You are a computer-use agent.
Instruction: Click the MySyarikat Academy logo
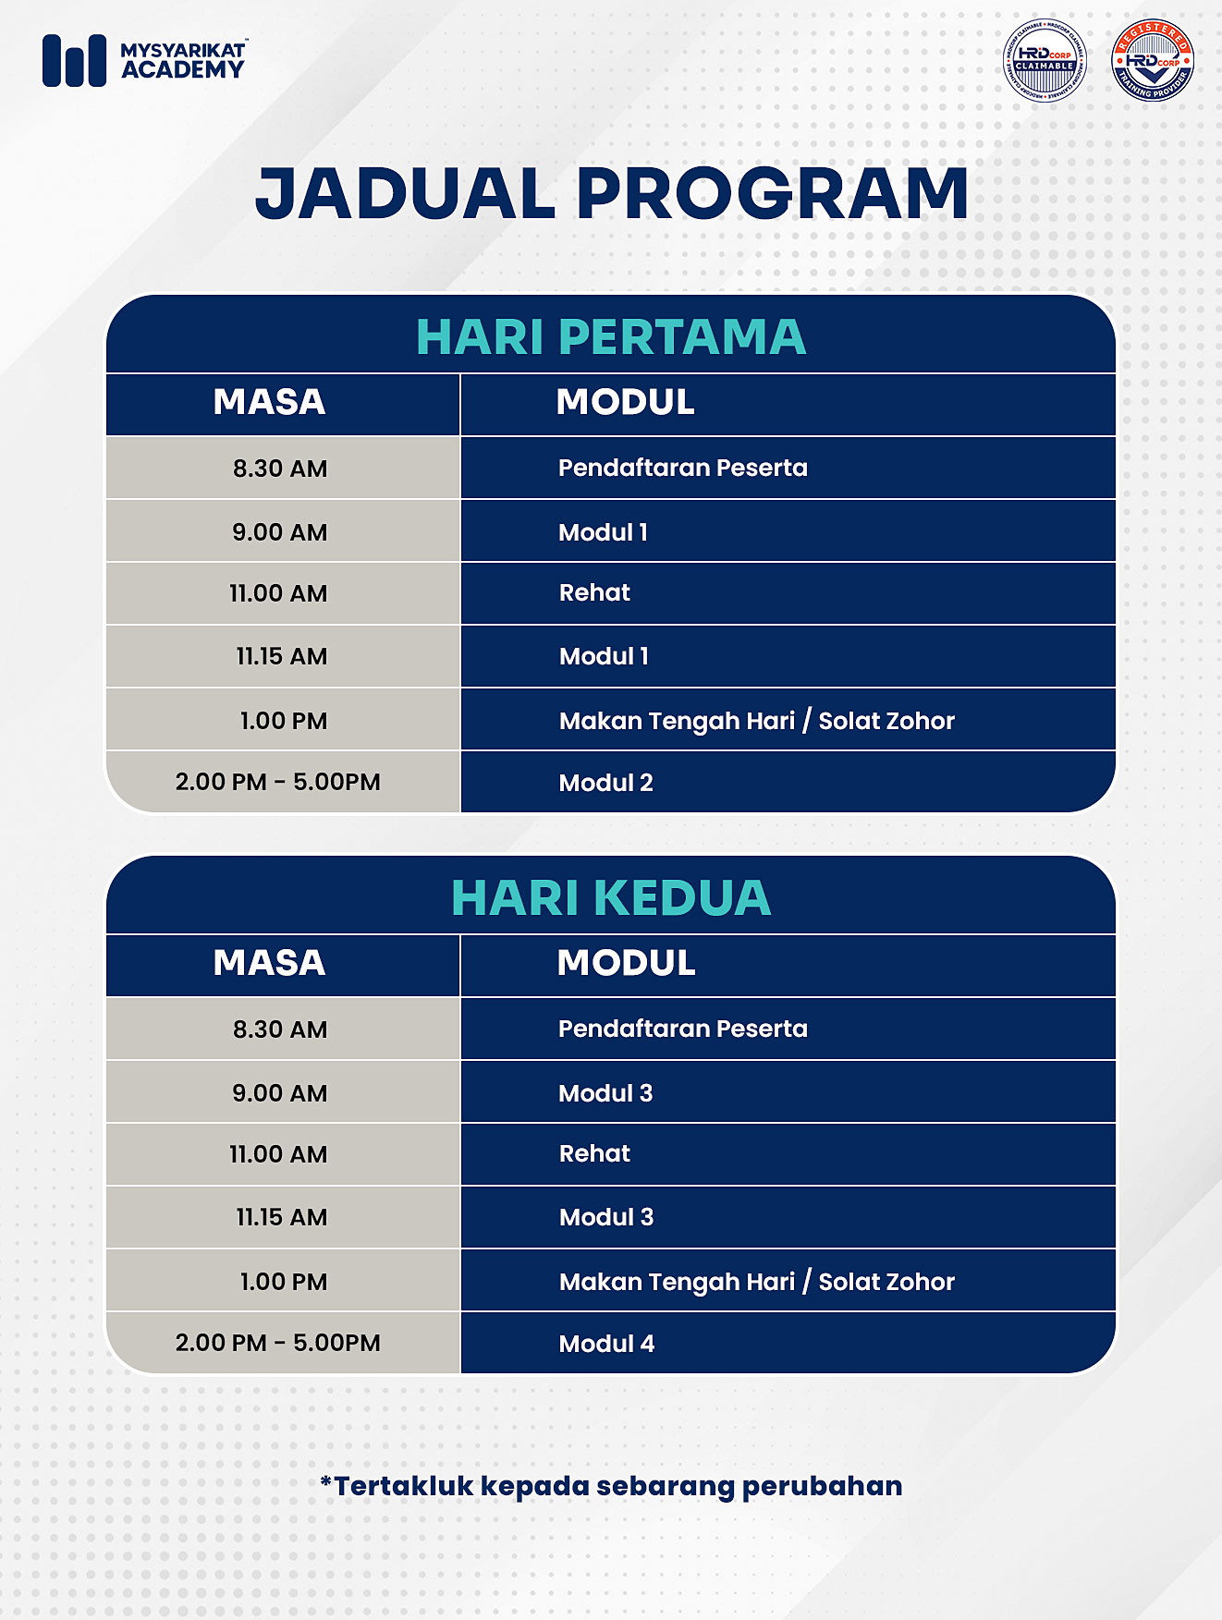144,60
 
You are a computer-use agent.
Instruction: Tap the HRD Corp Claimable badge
1045,61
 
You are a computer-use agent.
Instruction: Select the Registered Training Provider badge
1153,61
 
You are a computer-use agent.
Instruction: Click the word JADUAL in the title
405,194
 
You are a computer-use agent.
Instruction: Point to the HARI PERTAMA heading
610,336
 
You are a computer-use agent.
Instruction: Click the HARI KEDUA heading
610,897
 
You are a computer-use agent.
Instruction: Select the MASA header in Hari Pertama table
269,402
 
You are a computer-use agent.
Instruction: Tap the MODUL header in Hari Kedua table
626,963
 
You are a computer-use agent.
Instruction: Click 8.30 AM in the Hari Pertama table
280,469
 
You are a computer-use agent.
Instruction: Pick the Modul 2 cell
605,783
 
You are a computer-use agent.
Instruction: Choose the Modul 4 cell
606,1344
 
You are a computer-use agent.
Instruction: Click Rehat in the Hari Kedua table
594,1153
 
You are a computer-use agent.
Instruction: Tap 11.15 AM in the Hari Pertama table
281,656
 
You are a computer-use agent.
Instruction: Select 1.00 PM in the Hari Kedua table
283,1282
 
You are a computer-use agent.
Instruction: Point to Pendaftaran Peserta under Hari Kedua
682,1029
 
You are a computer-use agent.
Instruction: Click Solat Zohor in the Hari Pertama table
886,721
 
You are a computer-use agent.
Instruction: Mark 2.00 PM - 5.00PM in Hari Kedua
277,1343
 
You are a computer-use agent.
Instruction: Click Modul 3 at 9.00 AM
605,1093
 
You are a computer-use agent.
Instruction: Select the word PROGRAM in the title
773,194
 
